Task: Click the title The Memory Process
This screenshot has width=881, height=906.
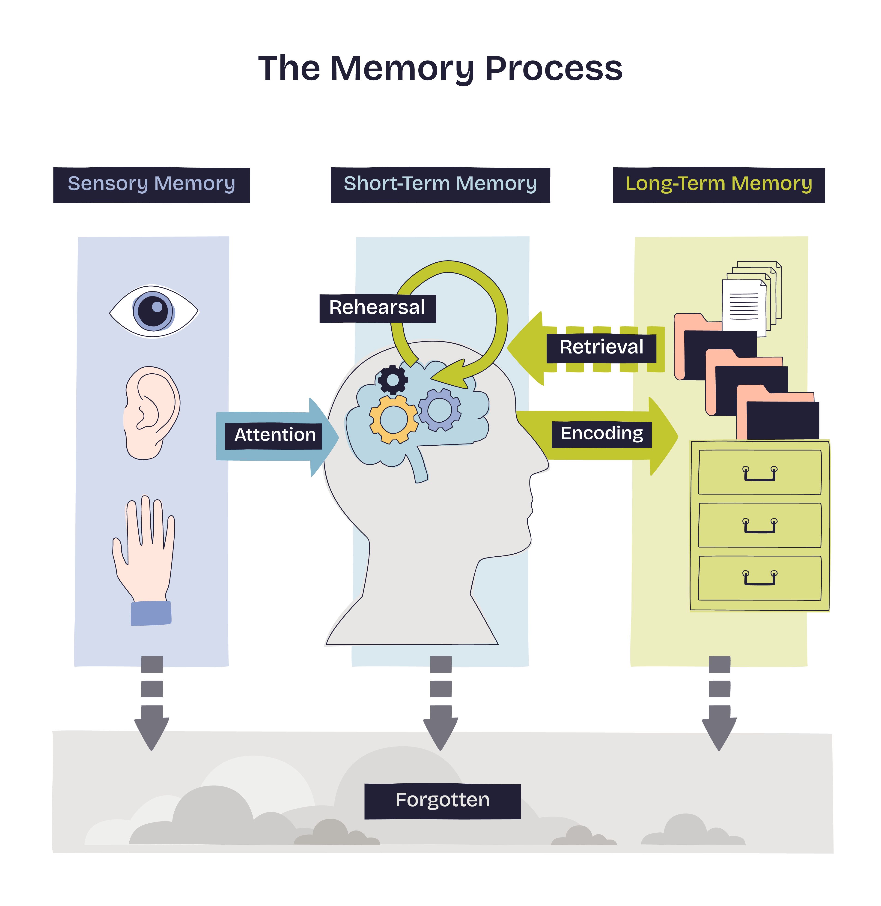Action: (x=440, y=69)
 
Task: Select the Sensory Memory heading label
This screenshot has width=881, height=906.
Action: (x=151, y=184)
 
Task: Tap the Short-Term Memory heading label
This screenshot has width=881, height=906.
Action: (x=440, y=184)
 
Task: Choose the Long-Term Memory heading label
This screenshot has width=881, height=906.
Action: (x=719, y=184)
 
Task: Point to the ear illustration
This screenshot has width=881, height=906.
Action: (x=150, y=413)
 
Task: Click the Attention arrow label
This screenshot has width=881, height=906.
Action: (x=275, y=435)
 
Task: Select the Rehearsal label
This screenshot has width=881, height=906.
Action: (x=377, y=308)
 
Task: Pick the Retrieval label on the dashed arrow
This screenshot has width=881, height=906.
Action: (x=601, y=347)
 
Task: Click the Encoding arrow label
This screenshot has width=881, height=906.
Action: (x=601, y=434)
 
